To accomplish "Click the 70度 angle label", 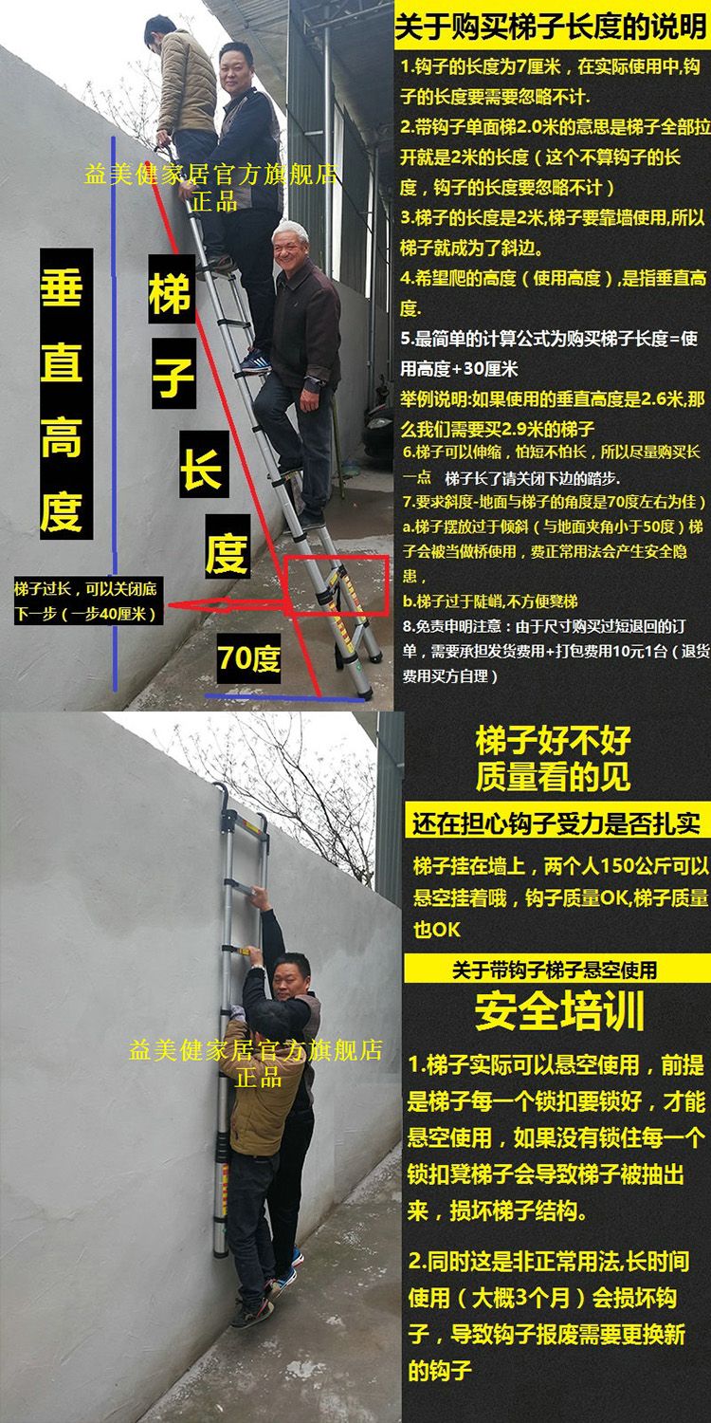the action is click(248, 658).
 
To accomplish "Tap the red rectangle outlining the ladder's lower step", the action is click(337, 557).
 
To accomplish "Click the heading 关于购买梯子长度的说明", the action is click(551, 28).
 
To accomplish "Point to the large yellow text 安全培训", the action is click(559, 1011).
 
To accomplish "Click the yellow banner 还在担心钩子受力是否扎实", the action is click(556, 823).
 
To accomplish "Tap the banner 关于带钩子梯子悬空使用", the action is click(556, 970).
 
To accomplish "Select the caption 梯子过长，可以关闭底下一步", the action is click(85, 601).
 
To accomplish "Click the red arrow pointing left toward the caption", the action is click(228, 605).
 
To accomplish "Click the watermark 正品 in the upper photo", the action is click(214, 201).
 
